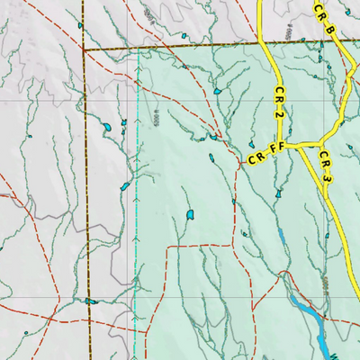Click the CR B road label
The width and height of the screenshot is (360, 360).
pyautogui.click(x=324, y=20)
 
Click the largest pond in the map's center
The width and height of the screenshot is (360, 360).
pyautogui.click(x=189, y=215)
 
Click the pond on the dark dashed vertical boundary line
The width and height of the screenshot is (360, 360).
pyautogui.click(x=89, y=301)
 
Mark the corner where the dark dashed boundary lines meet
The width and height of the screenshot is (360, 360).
pyautogui.click(x=83, y=50)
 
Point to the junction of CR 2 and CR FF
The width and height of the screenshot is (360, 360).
pyautogui.click(x=285, y=148)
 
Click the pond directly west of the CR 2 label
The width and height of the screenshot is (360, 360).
pyautogui.click(x=218, y=91)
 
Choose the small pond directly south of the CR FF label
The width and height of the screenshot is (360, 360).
pyautogui.click(x=279, y=193)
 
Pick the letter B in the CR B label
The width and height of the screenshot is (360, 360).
pyautogui.click(x=330, y=30)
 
